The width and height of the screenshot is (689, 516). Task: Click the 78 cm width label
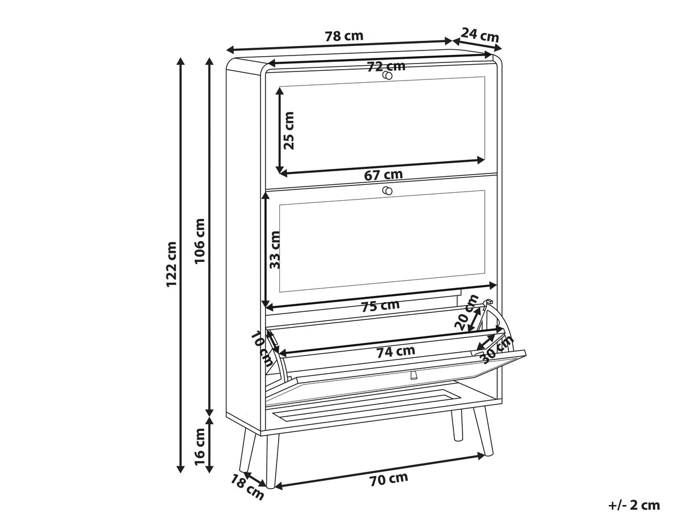(x=344, y=36)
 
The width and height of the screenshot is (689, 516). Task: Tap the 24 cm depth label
(x=480, y=35)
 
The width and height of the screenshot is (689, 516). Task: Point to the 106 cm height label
(x=200, y=241)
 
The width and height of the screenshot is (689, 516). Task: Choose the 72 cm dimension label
(x=386, y=66)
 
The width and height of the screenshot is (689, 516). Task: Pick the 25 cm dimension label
(x=288, y=131)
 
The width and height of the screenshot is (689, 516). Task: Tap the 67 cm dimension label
(x=383, y=175)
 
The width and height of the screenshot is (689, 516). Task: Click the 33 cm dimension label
(x=275, y=250)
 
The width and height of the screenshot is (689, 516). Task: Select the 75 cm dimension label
(x=380, y=306)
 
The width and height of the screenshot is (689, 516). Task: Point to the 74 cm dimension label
(x=396, y=352)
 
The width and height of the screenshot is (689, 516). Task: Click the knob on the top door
(x=387, y=75)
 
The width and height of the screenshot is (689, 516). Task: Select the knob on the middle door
(x=387, y=191)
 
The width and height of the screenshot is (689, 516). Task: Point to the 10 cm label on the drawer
(x=262, y=349)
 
